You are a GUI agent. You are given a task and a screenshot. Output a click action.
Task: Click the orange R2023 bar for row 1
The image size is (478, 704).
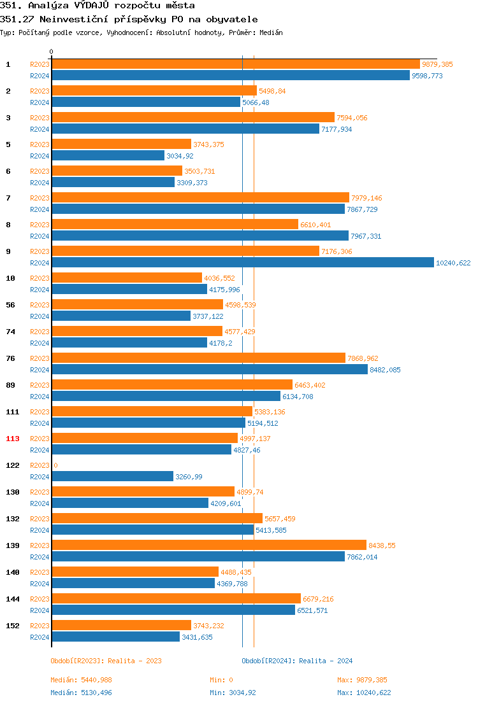(x=235, y=64)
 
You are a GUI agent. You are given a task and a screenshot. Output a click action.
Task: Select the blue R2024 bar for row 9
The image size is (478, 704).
(x=242, y=263)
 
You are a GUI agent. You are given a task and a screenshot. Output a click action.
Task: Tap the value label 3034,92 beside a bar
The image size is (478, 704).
(x=180, y=156)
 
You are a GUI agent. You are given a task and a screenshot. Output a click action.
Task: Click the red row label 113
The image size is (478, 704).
(x=13, y=439)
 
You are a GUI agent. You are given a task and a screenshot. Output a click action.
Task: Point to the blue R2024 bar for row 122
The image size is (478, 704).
(x=112, y=477)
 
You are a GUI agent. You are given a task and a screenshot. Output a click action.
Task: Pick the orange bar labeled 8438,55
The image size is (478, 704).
(x=208, y=546)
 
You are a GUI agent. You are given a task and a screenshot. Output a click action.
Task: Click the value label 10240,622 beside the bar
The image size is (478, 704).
(x=453, y=263)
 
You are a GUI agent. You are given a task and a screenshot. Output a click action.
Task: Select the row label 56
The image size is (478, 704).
(x=11, y=305)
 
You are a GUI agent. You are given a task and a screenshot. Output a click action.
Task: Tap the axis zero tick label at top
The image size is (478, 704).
(x=52, y=52)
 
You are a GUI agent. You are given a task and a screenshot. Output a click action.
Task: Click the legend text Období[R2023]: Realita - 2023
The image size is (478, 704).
(x=106, y=661)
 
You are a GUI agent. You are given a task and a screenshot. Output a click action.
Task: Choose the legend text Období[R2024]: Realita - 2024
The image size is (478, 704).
(x=297, y=661)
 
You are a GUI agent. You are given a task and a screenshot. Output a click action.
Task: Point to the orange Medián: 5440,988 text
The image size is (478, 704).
(x=81, y=680)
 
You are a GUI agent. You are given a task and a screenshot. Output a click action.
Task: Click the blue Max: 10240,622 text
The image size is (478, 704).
(x=364, y=693)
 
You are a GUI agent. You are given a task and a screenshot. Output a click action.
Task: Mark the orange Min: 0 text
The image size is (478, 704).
(x=221, y=680)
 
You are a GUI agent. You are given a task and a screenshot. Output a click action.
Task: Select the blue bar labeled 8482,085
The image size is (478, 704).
(x=209, y=370)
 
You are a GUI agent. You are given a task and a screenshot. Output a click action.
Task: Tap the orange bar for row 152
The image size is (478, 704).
(x=121, y=626)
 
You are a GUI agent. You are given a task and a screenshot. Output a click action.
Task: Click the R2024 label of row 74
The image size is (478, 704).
(x=40, y=343)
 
